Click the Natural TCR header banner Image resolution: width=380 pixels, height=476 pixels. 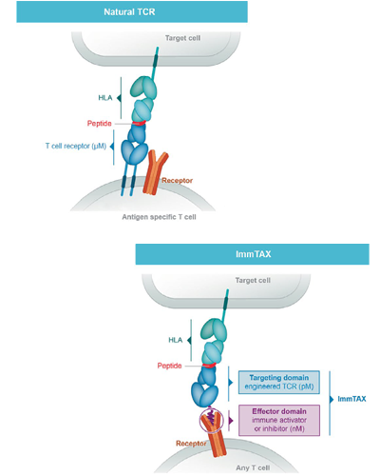pos(132,11)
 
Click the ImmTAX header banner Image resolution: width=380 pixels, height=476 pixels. pos(253,254)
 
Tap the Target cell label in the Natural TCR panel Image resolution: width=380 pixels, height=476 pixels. pos(182,38)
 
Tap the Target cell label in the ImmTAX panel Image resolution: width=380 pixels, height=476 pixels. pos(253,281)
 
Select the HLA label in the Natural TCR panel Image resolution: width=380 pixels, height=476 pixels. pos(105,98)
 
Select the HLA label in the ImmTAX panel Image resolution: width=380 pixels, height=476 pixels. pos(176,340)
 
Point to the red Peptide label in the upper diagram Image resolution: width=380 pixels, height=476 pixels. pos(100,124)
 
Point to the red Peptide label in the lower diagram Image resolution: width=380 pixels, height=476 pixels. pos(169,366)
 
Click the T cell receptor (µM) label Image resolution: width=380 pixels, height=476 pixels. pos(76,147)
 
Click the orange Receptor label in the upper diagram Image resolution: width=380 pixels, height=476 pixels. pos(178,181)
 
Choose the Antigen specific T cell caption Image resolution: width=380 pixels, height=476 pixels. pos(159,217)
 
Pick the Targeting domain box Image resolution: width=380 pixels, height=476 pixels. pos(279,382)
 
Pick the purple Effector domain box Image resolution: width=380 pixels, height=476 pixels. pos(279,420)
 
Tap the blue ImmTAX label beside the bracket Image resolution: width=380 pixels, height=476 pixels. pos(351,399)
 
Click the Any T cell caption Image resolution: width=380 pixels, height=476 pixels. pos(253,467)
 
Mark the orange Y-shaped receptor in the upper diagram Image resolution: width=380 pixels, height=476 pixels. pos(155,172)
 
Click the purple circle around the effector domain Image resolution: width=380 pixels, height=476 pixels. pos(200,421)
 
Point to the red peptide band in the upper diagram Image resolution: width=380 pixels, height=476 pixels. pos(139,124)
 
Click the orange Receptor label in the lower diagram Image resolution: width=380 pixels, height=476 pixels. pos(191,444)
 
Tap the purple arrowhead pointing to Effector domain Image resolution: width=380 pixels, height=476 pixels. pos(231,421)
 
